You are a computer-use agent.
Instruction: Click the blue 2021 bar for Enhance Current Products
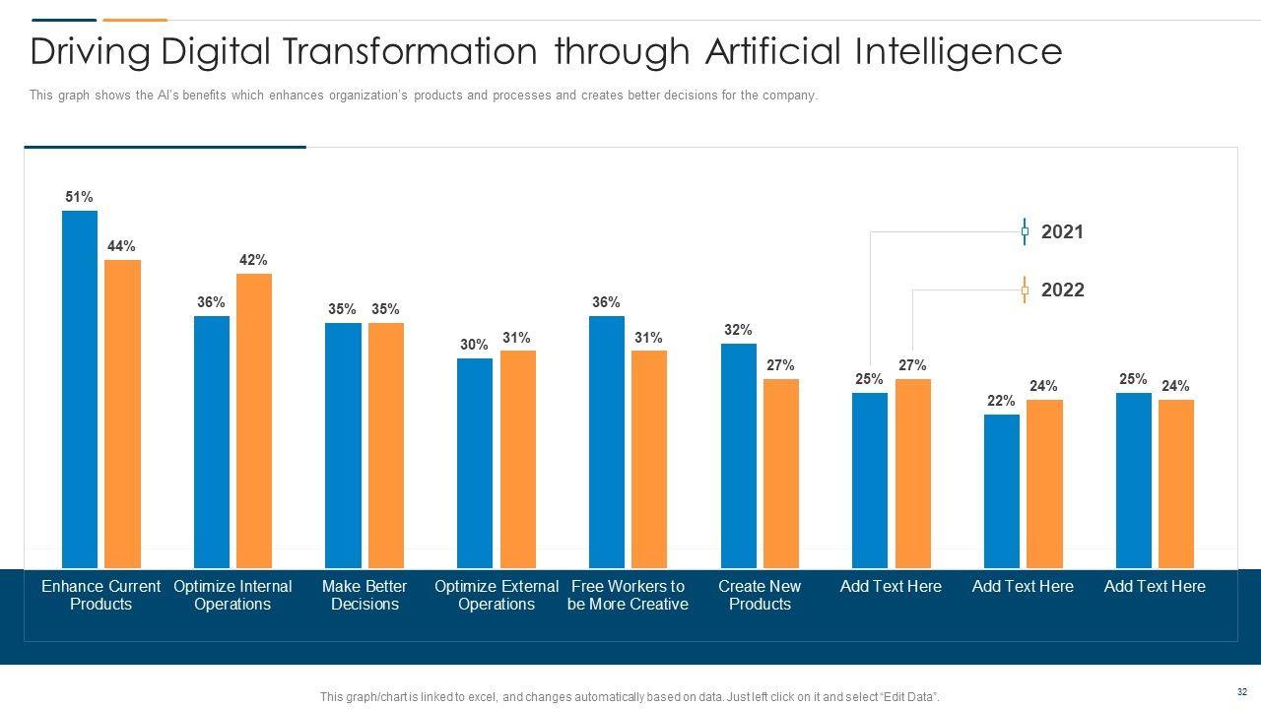click(x=80, y=389)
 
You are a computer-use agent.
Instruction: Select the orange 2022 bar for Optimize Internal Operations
click(x=254, y=420)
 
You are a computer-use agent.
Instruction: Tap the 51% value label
click(x=80, y=197)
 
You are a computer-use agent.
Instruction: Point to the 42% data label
click(x=253, y=260)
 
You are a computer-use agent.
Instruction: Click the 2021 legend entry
click(x=1062, y=231)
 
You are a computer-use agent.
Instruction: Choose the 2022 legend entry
click(x=1062, y=290)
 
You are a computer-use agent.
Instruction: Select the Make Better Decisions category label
click(x=365, y=595)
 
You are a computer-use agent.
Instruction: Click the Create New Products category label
click(x=760, y=595)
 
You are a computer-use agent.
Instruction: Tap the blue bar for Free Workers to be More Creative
click(x=607, y=442)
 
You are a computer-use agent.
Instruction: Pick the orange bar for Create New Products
click(x=781, y=474)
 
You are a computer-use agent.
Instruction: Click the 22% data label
click(x=1001, y=401)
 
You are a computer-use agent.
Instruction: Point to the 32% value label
click(x=738, y=330)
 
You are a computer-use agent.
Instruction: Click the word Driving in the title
click(x=90, y=51)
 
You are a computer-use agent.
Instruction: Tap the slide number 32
click(x=1242, y=692)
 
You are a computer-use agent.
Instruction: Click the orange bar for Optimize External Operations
click(x=518, y=460)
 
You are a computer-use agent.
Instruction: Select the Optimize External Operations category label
click(x=497, y=595)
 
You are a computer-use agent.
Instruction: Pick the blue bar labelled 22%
click(x=1002, y=491)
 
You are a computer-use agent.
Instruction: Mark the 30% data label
click(x=474, y=345)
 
